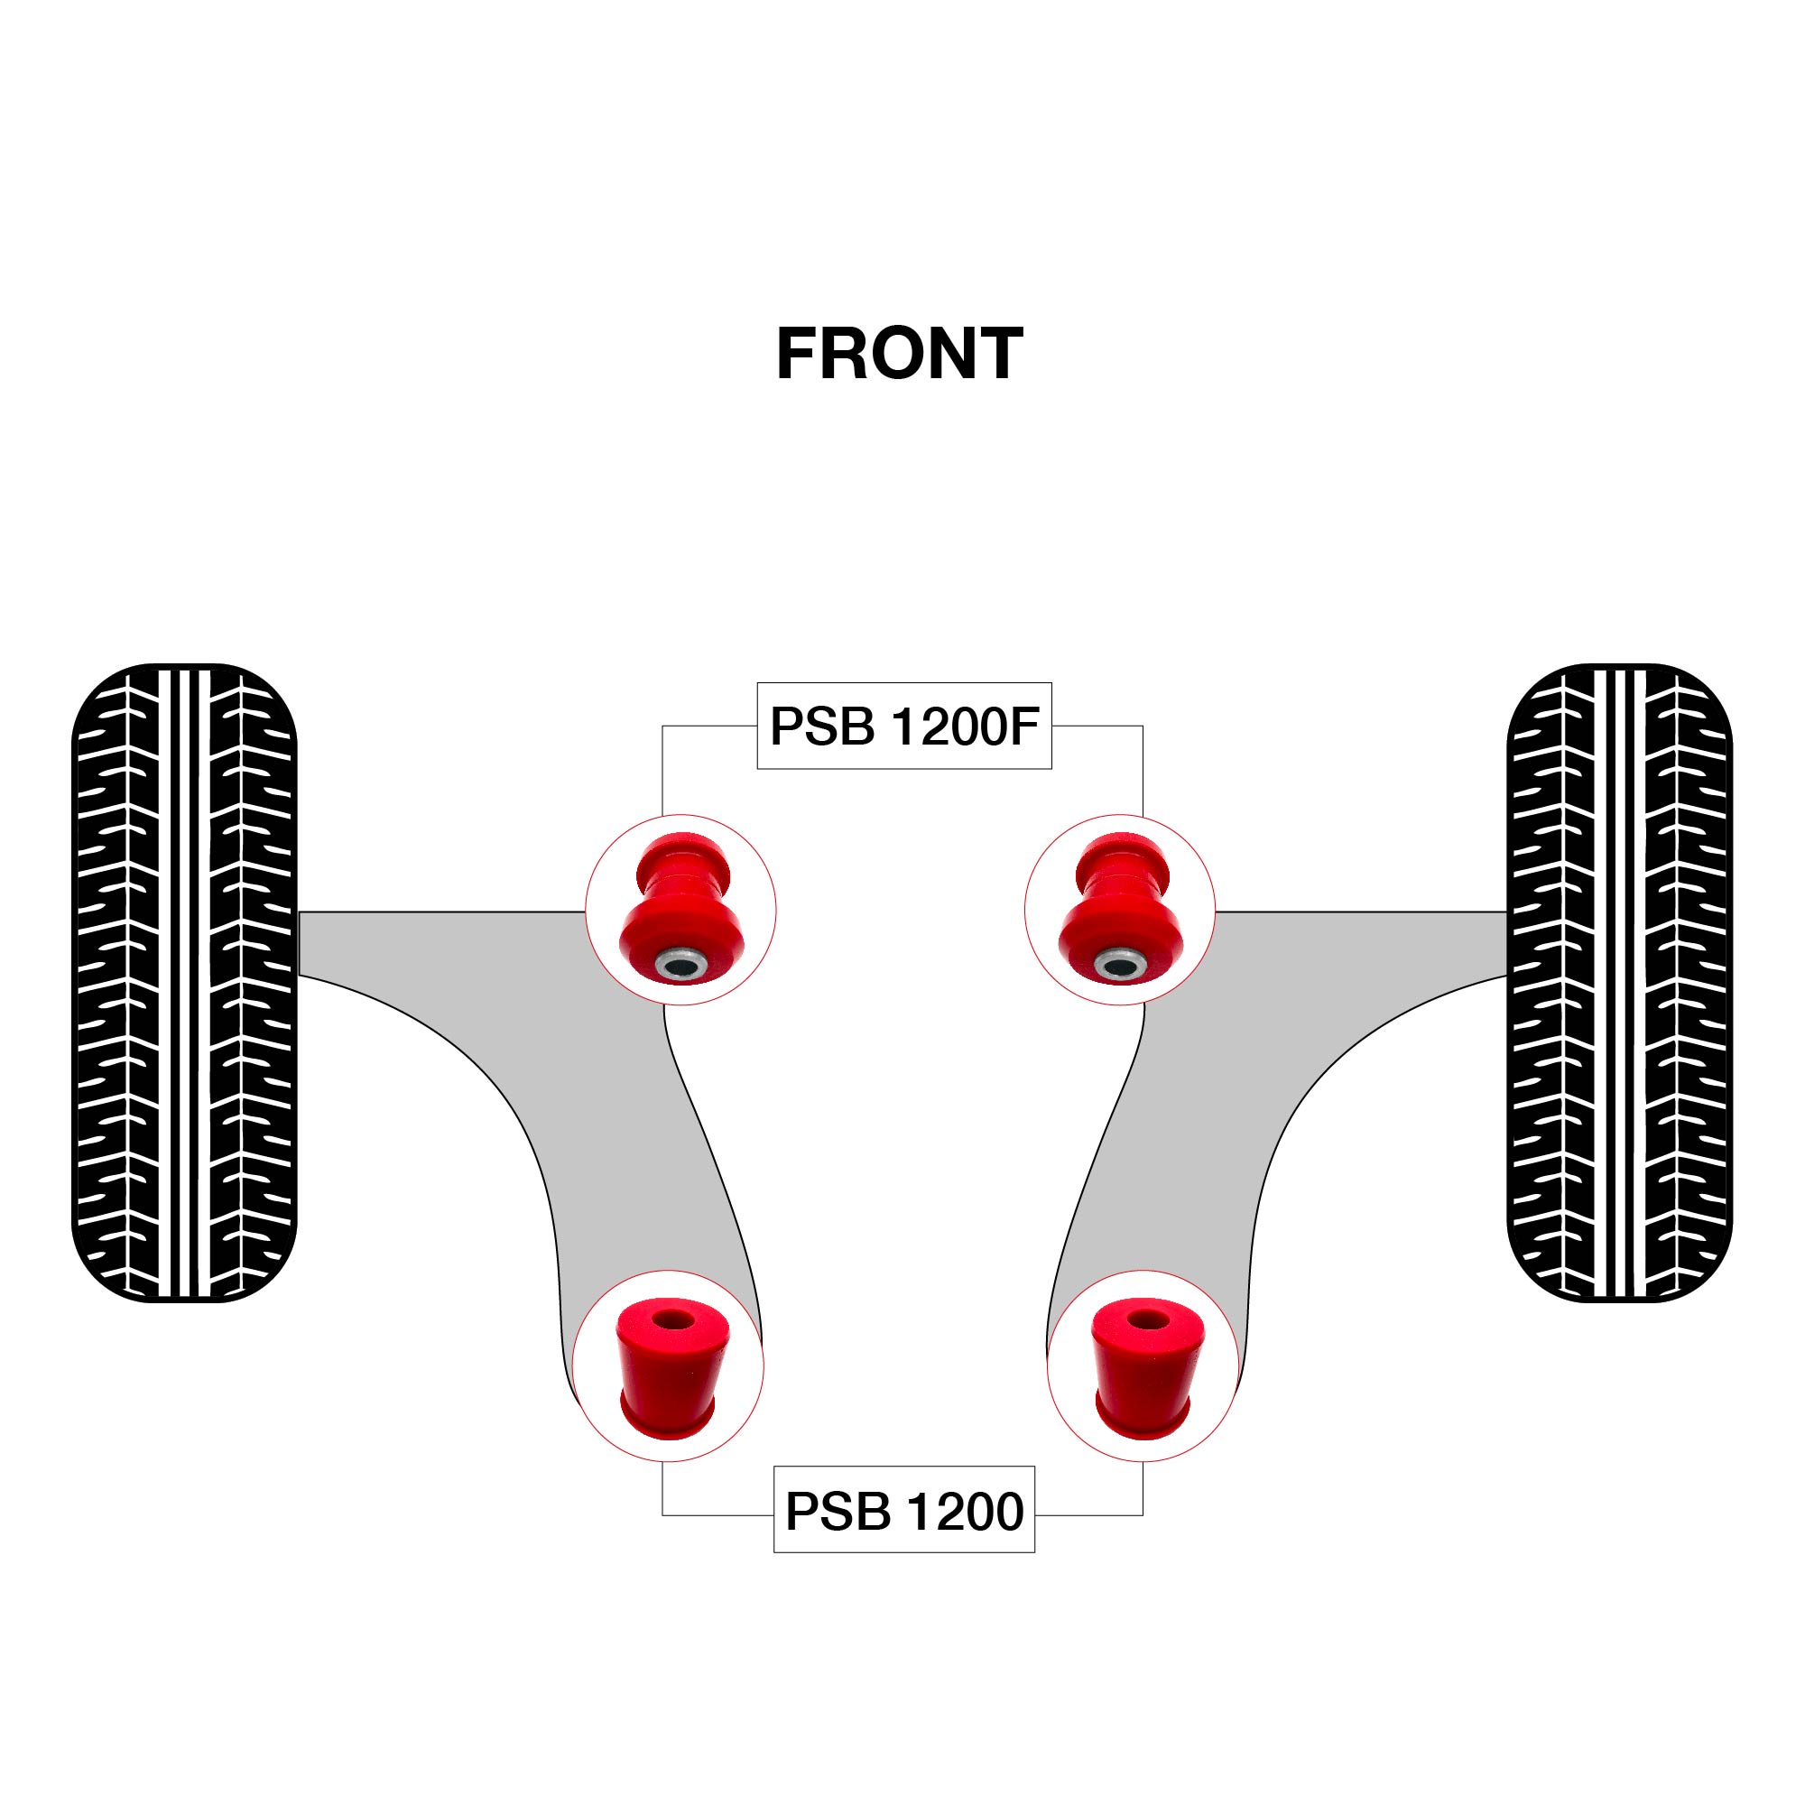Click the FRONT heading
coord(899,354)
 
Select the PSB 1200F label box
coord(903,726)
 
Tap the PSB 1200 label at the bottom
coord(903,1511)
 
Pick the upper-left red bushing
coord(681,906)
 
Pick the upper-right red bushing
coord(1120,906)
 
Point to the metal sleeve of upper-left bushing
coord(681,963)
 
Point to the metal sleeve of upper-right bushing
coord(1119,963)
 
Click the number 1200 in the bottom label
coord(965,1512)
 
